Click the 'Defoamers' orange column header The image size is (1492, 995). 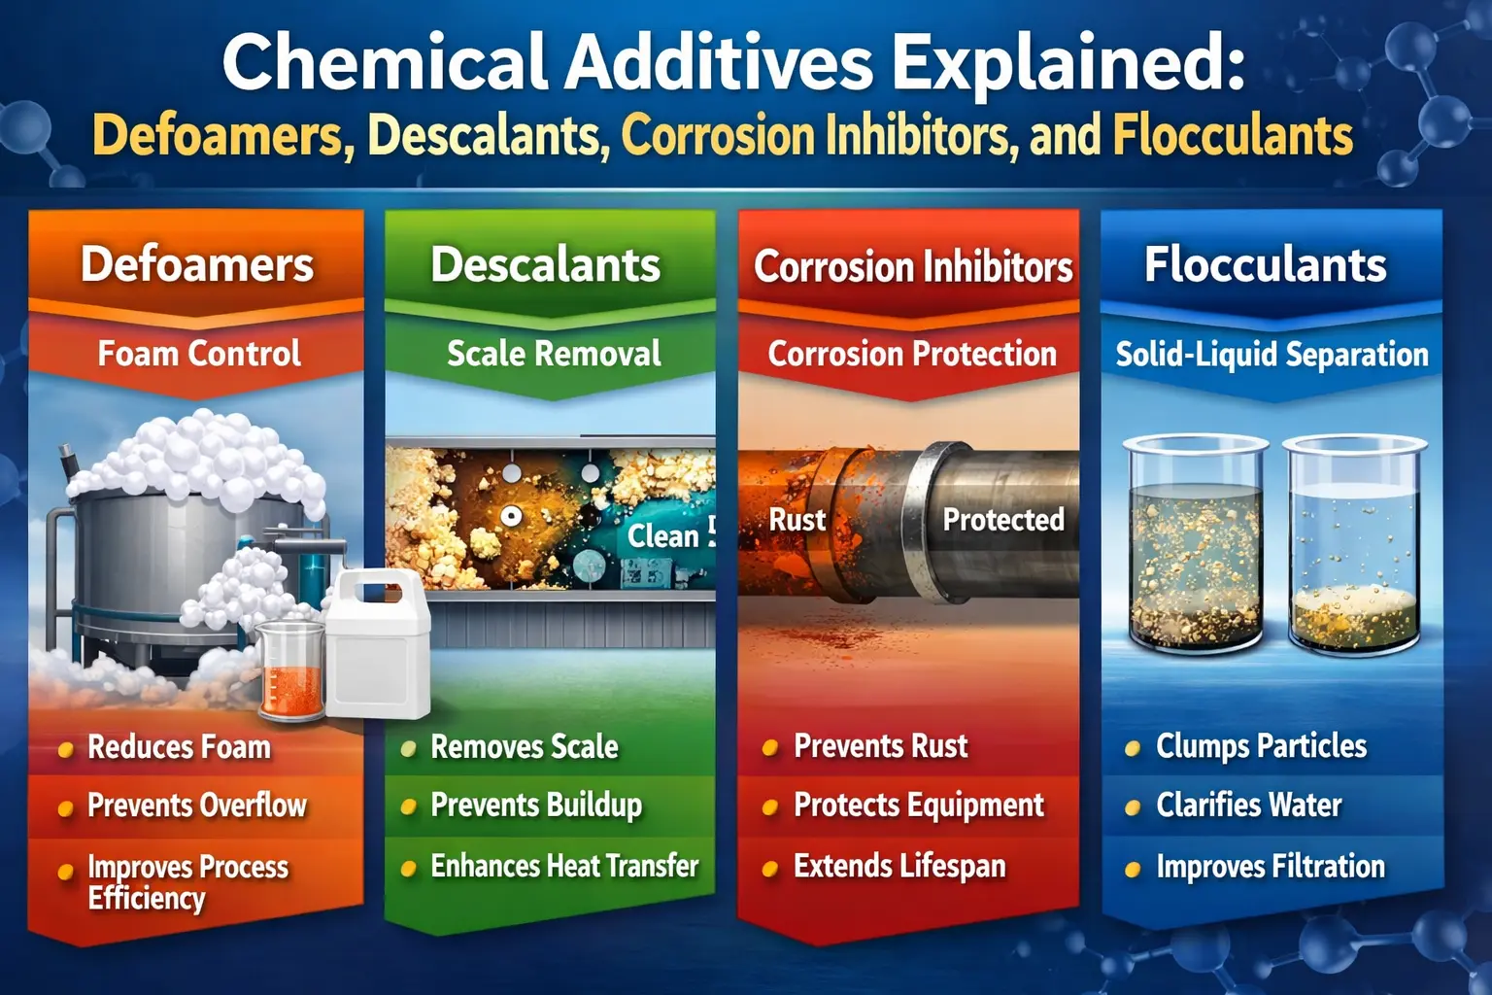[197, 264]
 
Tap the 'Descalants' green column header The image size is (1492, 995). [545, 264]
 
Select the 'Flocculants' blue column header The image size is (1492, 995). [1265, 264]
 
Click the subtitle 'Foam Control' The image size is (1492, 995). [199, 354]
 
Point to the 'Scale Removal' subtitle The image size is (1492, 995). [554, 354]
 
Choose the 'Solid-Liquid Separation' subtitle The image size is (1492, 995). [1272, 355]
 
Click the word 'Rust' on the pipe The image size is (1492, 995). [797, 520]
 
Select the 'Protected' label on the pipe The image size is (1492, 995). [1003, 520]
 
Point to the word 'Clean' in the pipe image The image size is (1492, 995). [662, 535]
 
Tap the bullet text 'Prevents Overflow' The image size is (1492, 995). [196, 806]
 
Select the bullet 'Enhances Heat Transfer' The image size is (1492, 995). [564, 866]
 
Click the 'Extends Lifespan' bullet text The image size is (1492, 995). [899, 866]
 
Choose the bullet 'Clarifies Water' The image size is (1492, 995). [1248, 806]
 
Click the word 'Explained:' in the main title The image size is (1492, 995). [1068, 63]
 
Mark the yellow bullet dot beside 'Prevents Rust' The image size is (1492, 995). [770, 748]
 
